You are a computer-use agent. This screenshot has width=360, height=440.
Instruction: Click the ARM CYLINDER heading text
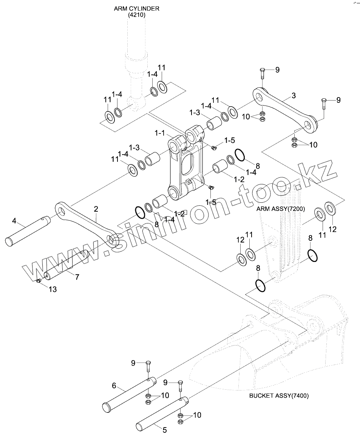click(136, 8)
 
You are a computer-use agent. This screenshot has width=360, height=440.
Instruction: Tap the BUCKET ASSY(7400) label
click(279, 396)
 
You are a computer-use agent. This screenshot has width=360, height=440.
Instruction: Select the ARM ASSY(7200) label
click(281, 209)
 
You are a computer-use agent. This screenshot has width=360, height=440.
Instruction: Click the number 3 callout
click(294, 95)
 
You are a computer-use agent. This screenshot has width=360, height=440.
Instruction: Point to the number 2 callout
click(96, 209)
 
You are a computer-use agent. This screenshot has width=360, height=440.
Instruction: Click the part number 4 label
click(14, 221)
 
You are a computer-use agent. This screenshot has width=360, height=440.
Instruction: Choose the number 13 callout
click(53, 289)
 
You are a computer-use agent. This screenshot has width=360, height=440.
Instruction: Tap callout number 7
click(77, 277)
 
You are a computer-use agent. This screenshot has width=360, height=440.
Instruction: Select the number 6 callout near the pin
click(114, 386)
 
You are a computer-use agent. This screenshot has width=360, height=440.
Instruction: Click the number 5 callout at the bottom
click(165, 430)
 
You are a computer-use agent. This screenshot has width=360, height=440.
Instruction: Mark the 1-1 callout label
click(160, 133)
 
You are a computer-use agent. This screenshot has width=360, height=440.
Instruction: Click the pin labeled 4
click(28, 231)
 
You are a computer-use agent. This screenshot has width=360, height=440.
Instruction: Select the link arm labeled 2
click(87, 224)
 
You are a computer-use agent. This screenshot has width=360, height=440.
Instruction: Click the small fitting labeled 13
click(39, 280)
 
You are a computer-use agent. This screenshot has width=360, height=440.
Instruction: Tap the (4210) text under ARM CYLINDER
click(136, 15)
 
